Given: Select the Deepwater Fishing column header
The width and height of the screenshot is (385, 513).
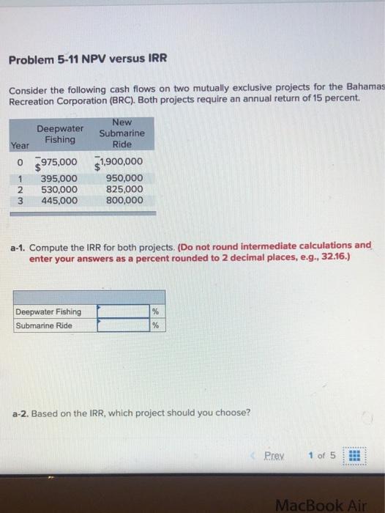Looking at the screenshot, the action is [60, 133].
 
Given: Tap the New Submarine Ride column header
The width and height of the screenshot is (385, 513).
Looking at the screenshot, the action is [122, 133].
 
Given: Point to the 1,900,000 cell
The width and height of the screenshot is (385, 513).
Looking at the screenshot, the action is [120, 162].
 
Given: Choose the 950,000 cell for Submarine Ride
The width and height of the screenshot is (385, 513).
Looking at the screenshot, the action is [124, 178].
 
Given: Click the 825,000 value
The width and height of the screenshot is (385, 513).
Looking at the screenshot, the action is [124, 188].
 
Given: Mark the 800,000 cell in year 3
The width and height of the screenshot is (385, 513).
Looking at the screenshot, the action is [124, 199].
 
